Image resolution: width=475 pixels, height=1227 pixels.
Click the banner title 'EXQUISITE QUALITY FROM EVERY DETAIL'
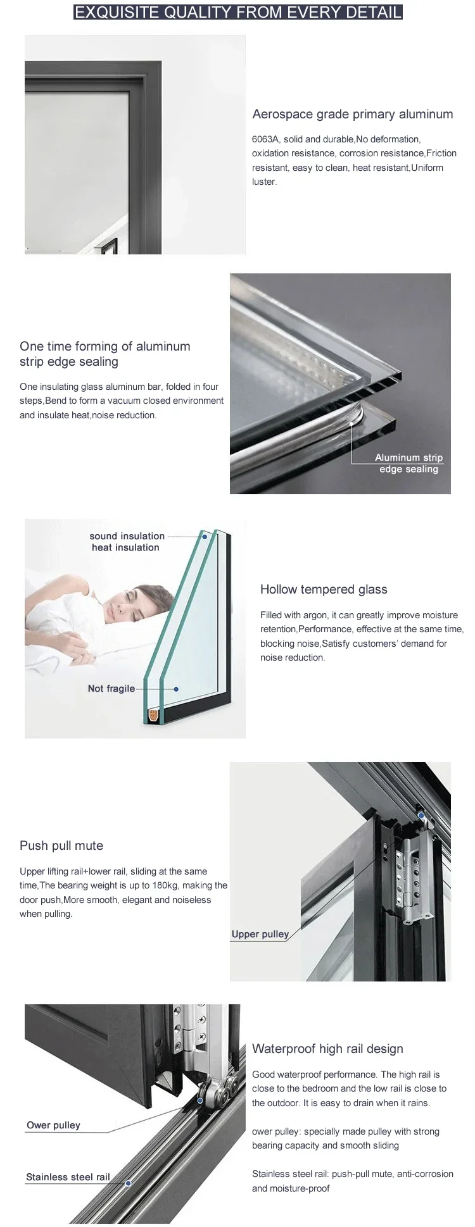click(x=237, y=12)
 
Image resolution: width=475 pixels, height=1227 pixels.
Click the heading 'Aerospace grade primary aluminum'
click(x=352, y=115)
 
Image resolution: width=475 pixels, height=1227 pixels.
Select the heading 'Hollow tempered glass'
click(x=323, y=590)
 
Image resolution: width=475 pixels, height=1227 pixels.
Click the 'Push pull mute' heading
click(x=61, y=846)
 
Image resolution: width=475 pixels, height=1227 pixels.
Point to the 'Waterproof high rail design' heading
click(x=327, y=1049)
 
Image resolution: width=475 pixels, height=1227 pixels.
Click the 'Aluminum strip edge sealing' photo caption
click(x=408, y=463)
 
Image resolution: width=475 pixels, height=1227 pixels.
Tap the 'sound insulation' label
click(x=127, y=536)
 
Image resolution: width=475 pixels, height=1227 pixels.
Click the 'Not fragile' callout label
click(x=111, y=688)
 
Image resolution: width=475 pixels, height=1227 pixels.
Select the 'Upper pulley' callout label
click(x=260, y=934)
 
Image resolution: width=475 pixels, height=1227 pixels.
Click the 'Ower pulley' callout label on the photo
click(x=53, y=1125)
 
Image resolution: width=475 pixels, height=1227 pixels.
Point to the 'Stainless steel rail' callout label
click(x=68, y=1177)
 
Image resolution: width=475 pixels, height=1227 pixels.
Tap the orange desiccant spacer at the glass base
click(x=153, y=716)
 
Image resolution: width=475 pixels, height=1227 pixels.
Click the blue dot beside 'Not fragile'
click(x=176, y=688)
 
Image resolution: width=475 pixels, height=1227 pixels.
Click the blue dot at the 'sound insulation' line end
click(x=205, y=537)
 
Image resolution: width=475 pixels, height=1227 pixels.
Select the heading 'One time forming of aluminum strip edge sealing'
click(x=104, y=354)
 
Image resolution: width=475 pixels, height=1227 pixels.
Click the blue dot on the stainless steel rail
click(x=128, y=1183)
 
